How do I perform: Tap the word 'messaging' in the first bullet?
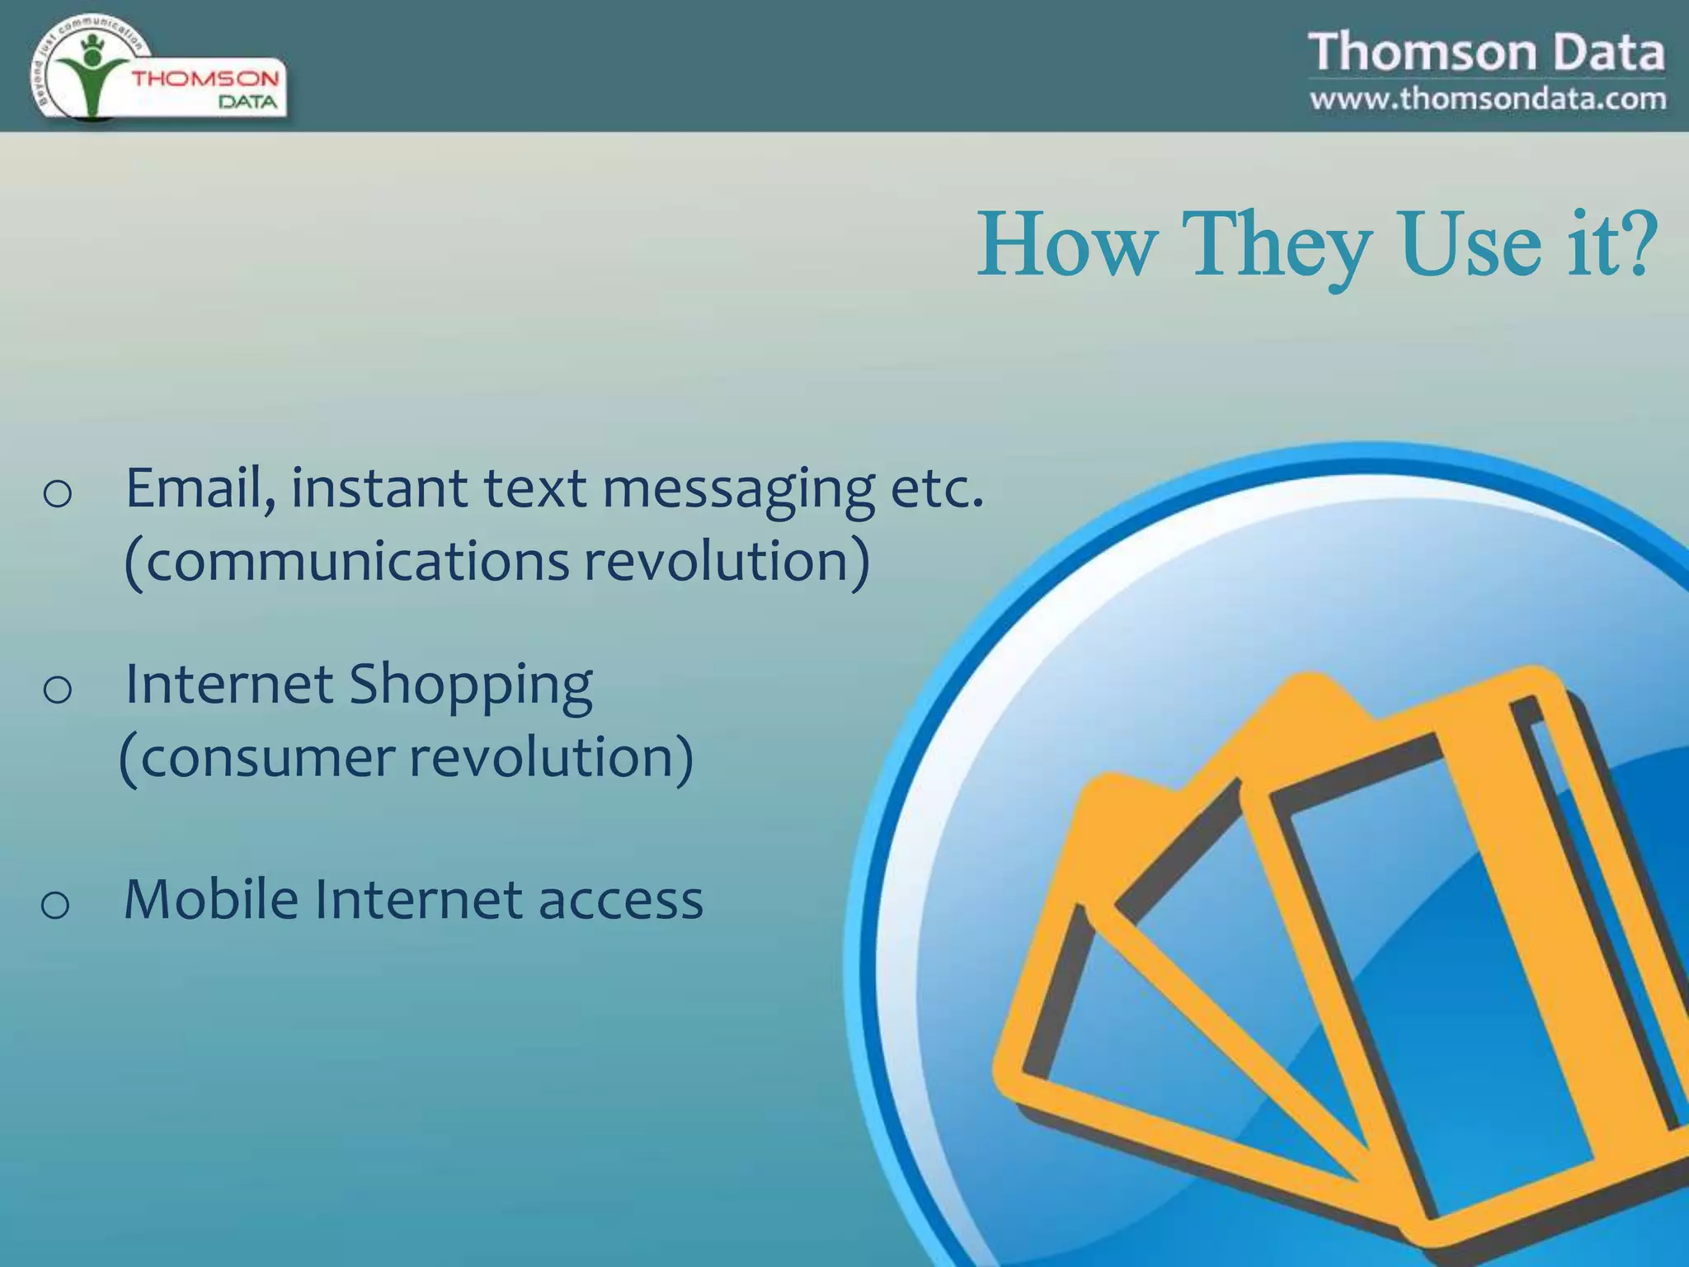pyautogui.click(x=738, y=490)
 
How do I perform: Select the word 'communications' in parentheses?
pyautogui.click(x=355, y=561)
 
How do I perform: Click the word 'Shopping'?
pyautogui.click(x=470, y=686)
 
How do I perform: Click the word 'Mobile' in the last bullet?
pyautogui.click(x=210, y=899)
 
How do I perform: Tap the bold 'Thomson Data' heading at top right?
pyautogui.click(x=1486, y=52)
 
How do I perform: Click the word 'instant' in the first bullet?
pyautogui.click(x=379, y=488)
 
